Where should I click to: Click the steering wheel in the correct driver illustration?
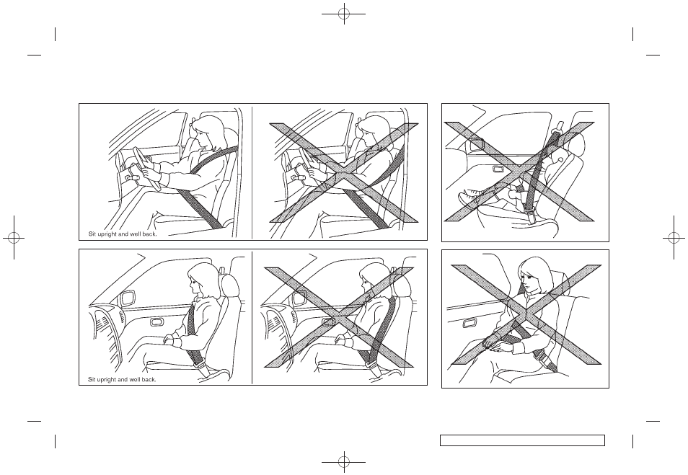point(146,169)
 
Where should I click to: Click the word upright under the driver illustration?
point(107,234)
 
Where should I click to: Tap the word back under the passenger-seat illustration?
point(149,379)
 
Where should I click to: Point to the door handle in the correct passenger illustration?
point(156,322)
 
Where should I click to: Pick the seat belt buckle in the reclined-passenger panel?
point(532,217)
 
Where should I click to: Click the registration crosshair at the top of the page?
point(344,14)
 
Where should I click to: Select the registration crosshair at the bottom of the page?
point(344,461)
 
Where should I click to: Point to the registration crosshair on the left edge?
point(14,237)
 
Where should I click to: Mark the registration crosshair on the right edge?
point(674,237)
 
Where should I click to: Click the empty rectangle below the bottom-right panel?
point(523,440)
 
